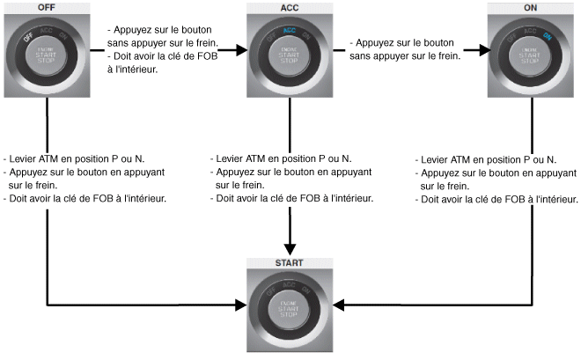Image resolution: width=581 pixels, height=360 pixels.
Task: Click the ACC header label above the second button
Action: coord(290,7)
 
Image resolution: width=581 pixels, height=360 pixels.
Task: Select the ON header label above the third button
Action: coord(532,7)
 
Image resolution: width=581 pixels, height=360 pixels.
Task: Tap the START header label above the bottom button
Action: coord(290,263)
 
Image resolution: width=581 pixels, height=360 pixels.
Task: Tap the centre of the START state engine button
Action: coord(290,307)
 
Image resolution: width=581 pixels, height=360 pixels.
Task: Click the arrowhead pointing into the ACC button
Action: coord(240,51)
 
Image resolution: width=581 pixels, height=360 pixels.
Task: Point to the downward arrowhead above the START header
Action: coord(290,249)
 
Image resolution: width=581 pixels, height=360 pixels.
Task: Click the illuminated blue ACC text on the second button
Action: coord(290,30)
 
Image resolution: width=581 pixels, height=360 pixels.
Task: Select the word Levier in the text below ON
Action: coord(439,159)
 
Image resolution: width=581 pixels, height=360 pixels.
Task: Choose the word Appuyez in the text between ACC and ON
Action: coord(378,41)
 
